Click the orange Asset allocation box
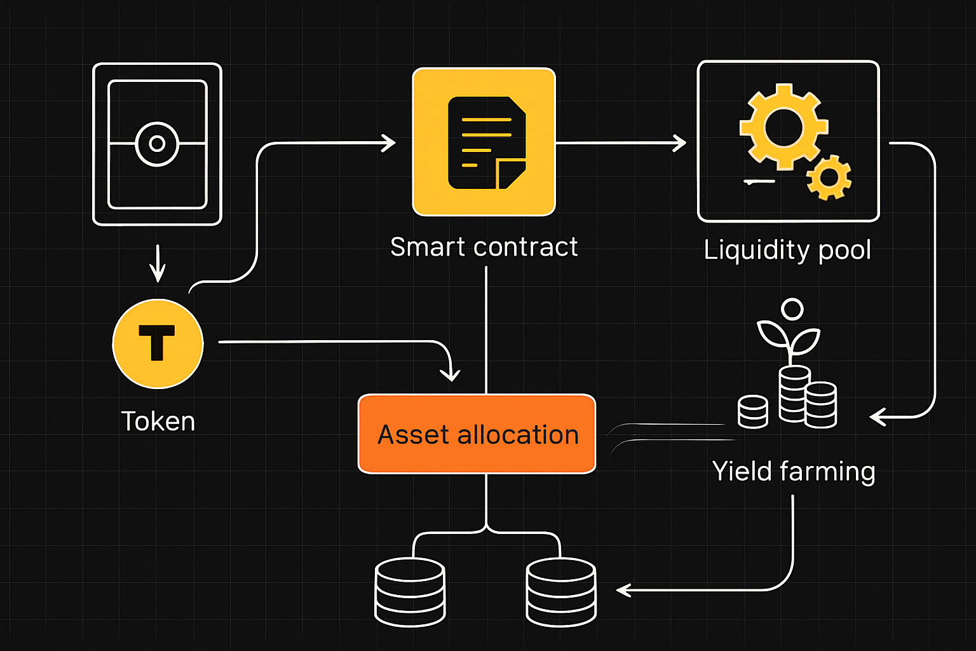click(477, 434)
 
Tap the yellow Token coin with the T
click(158, 343)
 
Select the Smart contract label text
click(484, 247)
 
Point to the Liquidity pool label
click(787, 250)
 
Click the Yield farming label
click(794, 472)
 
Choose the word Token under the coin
click(158, 421)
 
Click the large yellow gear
click(783, 127)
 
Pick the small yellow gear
click(829, 177)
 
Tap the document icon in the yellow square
click(487, 142)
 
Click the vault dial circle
click(157, 144)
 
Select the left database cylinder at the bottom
click(410, 592)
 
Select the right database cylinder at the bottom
click(561, 592)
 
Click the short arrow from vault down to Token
click(158, 263)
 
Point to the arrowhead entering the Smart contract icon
click(388, 143)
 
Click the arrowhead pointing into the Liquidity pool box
click(679, 143)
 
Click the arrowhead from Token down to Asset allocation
click(450, 374)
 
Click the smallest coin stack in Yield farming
click(753, 411)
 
